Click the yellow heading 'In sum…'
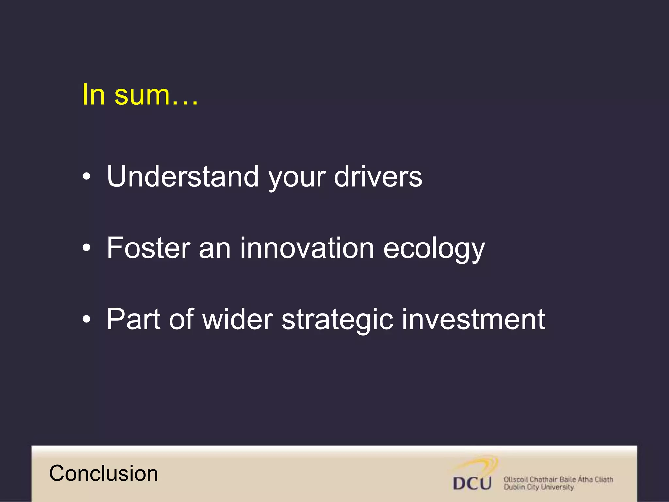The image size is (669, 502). (140, 95)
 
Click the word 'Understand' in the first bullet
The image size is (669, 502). (183, 176)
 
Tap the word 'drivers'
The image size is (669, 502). (378, 176)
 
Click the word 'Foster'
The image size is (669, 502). (149, 248)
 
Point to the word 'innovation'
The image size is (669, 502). (307, 248)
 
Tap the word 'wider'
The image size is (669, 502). (237, 319)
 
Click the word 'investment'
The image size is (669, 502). (473, 319)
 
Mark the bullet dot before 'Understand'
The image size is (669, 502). (86, 177)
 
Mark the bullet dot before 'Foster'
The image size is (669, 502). (86, 248)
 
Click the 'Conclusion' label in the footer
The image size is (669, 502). (104, 473)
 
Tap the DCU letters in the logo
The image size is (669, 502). (472, 483)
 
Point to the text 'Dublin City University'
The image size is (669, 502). (538, 487)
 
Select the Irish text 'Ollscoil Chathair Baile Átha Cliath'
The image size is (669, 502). (558, 479)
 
